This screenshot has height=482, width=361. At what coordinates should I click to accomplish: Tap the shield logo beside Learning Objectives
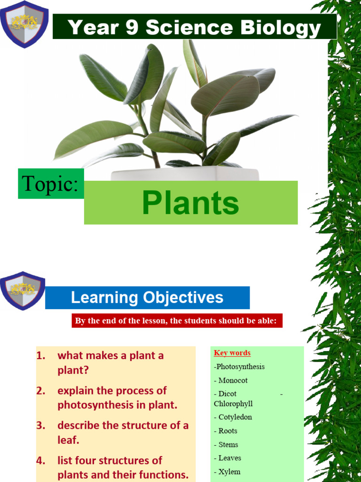tap(23, 291)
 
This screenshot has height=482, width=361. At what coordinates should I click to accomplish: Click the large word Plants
tap(190, 203)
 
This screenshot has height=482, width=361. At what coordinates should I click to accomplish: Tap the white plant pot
tap(185, 174)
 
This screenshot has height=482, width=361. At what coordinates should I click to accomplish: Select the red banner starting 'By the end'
tap(177, 321)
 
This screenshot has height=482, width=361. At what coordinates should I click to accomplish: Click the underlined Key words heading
tap(232, 353)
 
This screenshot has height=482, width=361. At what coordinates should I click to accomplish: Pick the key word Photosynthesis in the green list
tap(240, 367)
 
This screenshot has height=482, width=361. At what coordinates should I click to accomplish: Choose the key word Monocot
tap(233, 380)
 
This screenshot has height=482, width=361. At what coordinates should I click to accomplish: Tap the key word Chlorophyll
tap(233, 404)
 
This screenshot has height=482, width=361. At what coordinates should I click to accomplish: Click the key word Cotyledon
tap(235, 417)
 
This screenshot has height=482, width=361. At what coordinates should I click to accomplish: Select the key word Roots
tap(228, 431)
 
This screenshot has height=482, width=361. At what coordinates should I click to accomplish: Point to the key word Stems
tap(228, 444)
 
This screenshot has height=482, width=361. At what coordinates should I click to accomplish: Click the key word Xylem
tap(229, 472)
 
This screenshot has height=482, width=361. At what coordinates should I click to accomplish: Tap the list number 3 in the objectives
tap(40, 426)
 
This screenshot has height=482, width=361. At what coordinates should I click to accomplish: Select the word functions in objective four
tap(161, 474)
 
